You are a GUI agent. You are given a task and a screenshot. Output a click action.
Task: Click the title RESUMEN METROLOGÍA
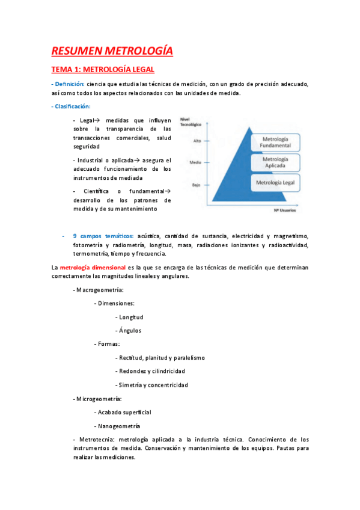(x=112, y=51)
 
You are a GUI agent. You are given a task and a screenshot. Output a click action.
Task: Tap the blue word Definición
(x=69, y=84)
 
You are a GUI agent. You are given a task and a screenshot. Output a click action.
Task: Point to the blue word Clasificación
(x=72, y=106)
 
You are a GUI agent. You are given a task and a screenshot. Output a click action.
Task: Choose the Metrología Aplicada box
(x=276, y=162)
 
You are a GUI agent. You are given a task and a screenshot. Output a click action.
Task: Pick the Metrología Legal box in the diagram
(x=276, y=182)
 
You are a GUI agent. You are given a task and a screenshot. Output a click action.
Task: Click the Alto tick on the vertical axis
(x=197, y=141)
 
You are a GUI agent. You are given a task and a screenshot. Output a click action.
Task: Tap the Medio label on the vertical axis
(x=195, y=162)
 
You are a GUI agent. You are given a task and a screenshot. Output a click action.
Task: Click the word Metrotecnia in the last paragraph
(x=92, y=439)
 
